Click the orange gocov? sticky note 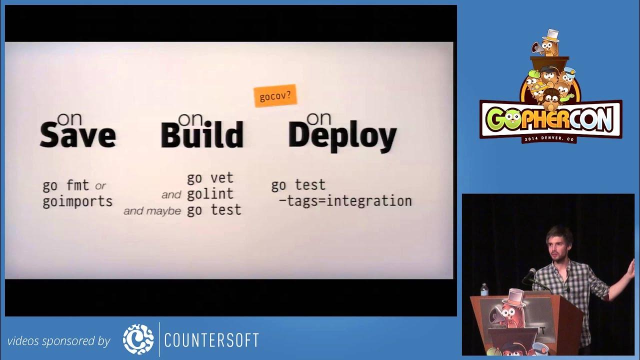coord(275,95)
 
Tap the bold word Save coord(77,135)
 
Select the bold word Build coord(202,135)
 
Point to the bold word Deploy coord(342,136)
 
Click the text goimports coord(77,202)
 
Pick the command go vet coord(210,178)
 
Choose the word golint coord(210,194)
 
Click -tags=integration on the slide coord(345,201)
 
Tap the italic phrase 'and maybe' coord(152,211)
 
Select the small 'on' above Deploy coord(319,118)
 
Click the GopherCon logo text coord(550,118)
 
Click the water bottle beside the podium coord(484,289)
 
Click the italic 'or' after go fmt coord(100,186)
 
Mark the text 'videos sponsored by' coord(58,341)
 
